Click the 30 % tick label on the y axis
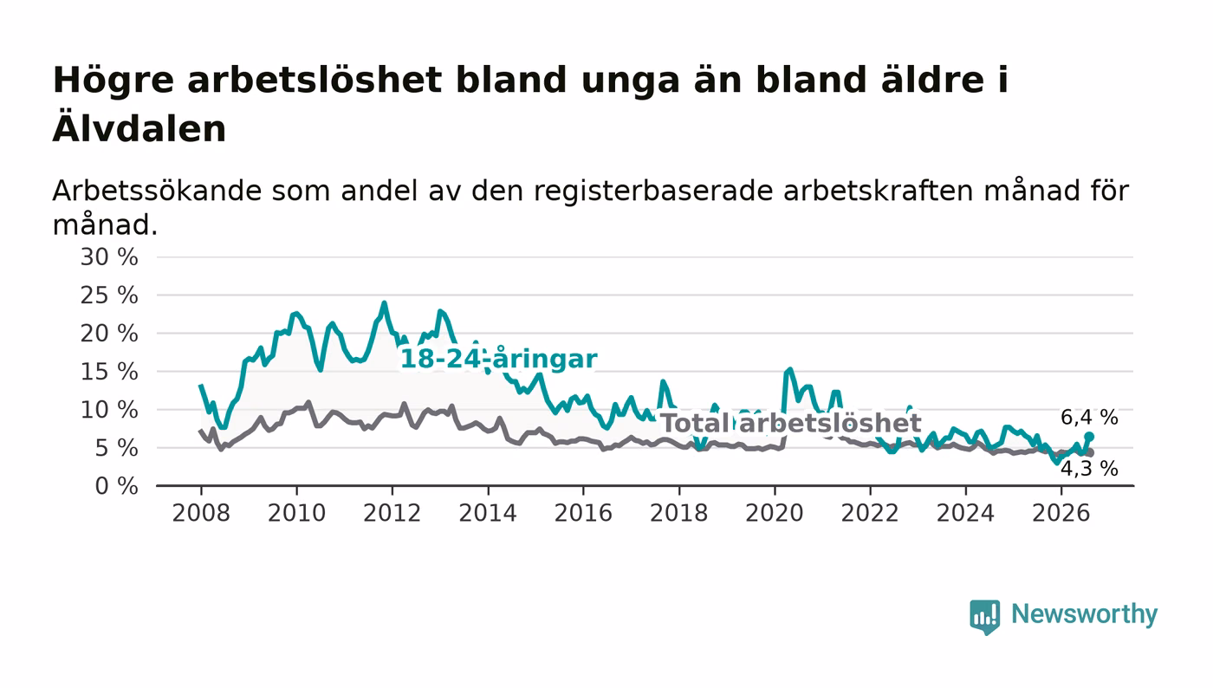(x=109, y=257)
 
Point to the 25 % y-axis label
(x=109, y=295)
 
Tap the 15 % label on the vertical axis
(x=109, y=373)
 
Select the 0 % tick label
(x=116, y=486)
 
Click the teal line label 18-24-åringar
(x=499, y=360)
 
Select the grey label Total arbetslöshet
(x=791, y=423)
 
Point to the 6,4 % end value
(x=1089, y=417)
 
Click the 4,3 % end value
(x=1089, y=469)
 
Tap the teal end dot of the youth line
(x=1089, y=437)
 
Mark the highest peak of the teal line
(x=385, y=303)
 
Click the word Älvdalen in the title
(x=139, y=129)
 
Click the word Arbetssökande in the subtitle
(x=157, y=191)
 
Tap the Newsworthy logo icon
(x=984, y=617)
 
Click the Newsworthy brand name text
(x=1084, y=614)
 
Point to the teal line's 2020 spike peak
(x=789, y=370)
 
